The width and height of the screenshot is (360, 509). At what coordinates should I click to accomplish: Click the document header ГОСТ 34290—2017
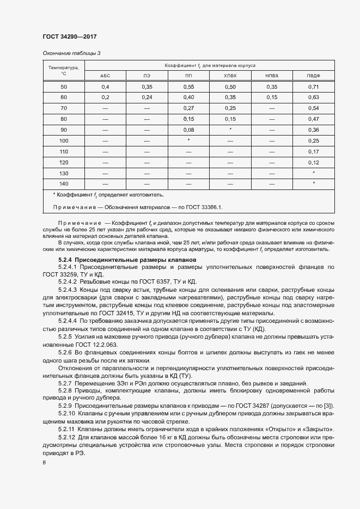pos(70,36)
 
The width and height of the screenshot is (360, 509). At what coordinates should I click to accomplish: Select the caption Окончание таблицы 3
pos(72,53)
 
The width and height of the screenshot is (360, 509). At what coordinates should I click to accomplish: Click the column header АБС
pos(105,76)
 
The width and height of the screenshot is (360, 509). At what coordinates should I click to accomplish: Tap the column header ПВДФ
pos(314,76)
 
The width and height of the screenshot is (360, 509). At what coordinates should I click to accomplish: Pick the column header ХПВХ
pos(230,76)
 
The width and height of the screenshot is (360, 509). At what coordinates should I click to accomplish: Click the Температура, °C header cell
pos(63,70)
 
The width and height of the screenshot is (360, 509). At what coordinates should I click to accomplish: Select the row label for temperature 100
pos(64,140)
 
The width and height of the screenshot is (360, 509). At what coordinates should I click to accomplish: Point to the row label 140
pos(64,183)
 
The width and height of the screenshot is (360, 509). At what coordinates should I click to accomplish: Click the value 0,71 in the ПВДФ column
pos(314,87)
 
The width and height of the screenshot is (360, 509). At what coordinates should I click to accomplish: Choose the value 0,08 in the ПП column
pos(188,130)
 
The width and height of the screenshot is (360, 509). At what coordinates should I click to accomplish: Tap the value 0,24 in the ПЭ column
pos(147,97)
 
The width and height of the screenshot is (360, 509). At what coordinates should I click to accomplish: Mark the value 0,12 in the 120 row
pos(314,162)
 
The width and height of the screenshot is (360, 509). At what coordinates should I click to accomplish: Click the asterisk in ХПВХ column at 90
pos(230,129)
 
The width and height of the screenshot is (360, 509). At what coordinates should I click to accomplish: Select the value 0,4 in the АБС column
pos(105,87)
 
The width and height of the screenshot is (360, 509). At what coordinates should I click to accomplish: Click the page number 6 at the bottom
pos(44,463)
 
